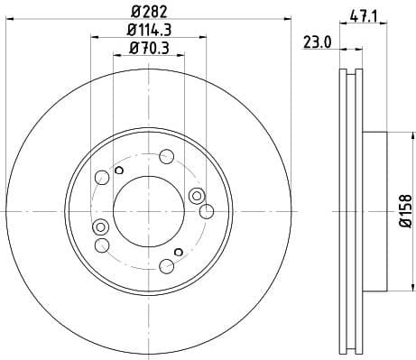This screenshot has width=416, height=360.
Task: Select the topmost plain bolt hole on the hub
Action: (166, 155)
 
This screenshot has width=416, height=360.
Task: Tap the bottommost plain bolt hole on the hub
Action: (166, 265)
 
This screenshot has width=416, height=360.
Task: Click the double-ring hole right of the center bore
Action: (197, 196)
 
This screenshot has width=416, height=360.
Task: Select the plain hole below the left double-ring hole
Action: (102, 245)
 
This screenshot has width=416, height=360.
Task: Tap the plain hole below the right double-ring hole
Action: (206, 212)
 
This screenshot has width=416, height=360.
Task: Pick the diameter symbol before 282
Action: (134, 11)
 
